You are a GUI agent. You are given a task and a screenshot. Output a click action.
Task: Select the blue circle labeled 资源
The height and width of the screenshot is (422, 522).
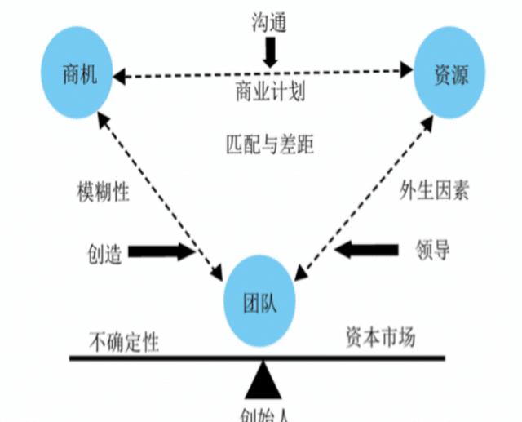pyautogui.click(x=448, y=71)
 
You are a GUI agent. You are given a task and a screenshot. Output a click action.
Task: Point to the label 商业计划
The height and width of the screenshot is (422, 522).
pyautogui.click(x=270, y=91)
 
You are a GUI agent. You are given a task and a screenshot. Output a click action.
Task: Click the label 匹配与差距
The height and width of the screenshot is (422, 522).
pyautogui.click(x=269, y=144)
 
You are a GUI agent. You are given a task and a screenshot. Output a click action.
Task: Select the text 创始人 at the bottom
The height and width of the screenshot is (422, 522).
pyautogui.click(x=265, y=413)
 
